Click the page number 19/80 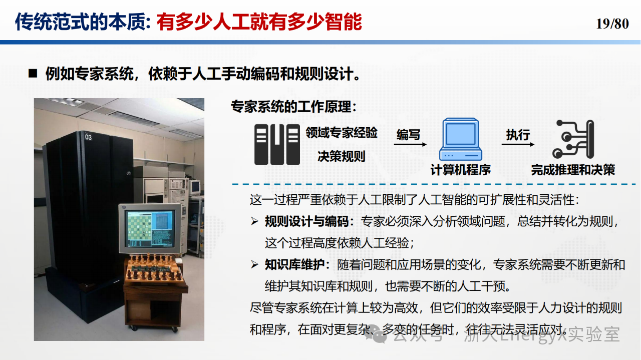tap(612, 24)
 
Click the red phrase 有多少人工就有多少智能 tap(259, 22)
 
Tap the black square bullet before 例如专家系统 tap(33, 74)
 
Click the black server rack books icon tap(277, 145)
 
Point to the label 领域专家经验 tap(342, 133)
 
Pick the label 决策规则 tap(342, 156)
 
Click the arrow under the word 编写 tap(410, 145)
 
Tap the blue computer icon tap(461, 139)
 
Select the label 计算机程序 tap(461, 170)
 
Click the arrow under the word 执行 tap(518, 145)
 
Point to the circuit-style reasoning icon tap(573, 139)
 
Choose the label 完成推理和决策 tap(573, 170)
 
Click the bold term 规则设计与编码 tap(307, 221)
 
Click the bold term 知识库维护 tap(295, 265)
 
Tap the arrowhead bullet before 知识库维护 tap(254, 265)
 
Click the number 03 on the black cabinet tap(89, 137)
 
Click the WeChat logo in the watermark tap(376, 334)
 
